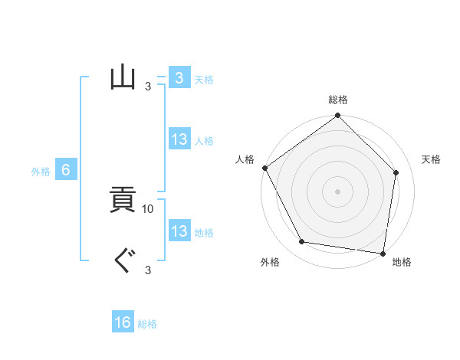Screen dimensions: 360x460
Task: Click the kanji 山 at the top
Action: (123, 77)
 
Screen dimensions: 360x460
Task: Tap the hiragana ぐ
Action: (123, 262)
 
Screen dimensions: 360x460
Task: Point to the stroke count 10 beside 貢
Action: (148, 208)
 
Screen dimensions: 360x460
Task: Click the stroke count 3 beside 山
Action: (148, 86)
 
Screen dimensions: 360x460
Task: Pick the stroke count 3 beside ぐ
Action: (148, 270)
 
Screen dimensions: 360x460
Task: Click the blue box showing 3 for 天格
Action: (179, 77)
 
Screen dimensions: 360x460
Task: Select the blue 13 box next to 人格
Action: (179, 139)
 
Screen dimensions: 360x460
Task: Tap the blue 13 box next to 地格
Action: (179, 231)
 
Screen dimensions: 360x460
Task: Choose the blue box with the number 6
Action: (66, 170)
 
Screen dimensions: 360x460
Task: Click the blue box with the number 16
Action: (123, 322)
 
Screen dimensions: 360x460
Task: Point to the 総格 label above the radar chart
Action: (338, 100)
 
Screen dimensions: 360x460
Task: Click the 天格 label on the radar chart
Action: (431, 159)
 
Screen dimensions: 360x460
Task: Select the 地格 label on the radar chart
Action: (402, 263)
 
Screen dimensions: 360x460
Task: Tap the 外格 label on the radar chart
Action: (270, 263)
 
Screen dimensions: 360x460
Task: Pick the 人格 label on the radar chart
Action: (245, 159)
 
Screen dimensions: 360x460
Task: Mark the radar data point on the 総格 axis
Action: (338, 116)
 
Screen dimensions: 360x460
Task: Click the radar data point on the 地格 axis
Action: (383, 253)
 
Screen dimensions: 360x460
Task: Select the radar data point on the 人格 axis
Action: (265, 168)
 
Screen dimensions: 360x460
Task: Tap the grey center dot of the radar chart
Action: (338, 191)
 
